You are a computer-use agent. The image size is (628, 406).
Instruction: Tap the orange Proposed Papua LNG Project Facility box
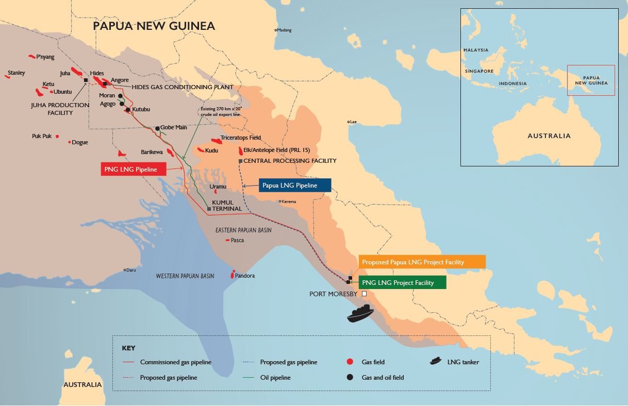click(421, 262)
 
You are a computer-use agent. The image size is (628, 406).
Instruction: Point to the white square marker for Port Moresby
click(364, 294)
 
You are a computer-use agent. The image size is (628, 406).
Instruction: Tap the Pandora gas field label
click(245, 276)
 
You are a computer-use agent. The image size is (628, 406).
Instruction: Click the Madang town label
click(284, 30)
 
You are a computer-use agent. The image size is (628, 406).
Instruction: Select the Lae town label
click(354, 122)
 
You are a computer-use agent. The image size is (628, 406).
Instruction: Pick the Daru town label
click(131, 270)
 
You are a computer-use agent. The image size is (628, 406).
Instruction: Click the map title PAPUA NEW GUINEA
click(154, 26)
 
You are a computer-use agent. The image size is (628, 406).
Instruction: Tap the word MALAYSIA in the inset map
click(475, 50)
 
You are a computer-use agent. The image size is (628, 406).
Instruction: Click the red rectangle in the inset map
click(591, 80)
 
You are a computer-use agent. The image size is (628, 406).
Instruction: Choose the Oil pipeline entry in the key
click(275, 378)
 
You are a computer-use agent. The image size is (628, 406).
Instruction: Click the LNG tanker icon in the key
click(436, 361)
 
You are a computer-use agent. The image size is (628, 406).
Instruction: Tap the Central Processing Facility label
click(289, 161)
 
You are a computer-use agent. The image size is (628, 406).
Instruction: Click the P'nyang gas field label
click(45, 57)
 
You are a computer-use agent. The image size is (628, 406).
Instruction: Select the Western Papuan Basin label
click(185, 276)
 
